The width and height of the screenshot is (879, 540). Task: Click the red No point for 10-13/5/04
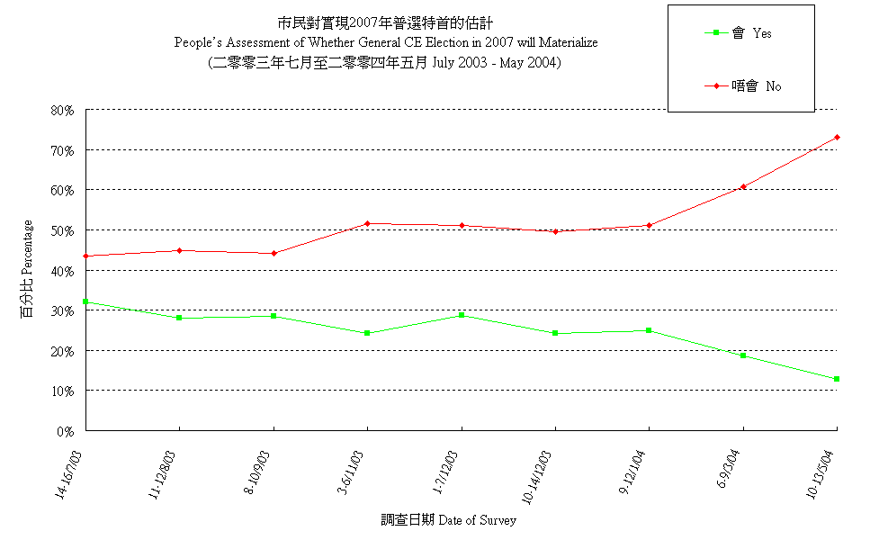(x=837, y=137)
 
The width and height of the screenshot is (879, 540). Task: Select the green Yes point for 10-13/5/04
(x=837, y=379)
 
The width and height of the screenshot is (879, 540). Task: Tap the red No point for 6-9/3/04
(x=743, y=186)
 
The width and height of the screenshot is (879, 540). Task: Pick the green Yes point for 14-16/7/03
(x=85, y=301)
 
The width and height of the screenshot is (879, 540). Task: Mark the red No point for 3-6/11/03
(x=367, y=223)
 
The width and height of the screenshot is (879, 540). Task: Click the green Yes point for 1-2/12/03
(x=462, y=315)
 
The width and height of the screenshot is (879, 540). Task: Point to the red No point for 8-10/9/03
(x=274, y=253)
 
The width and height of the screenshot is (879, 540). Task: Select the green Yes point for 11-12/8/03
(x=179, y=318)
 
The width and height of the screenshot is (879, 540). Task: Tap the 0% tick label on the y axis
(x=65, y=431)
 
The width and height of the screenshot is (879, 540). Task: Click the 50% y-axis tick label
(x=62, y=230)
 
